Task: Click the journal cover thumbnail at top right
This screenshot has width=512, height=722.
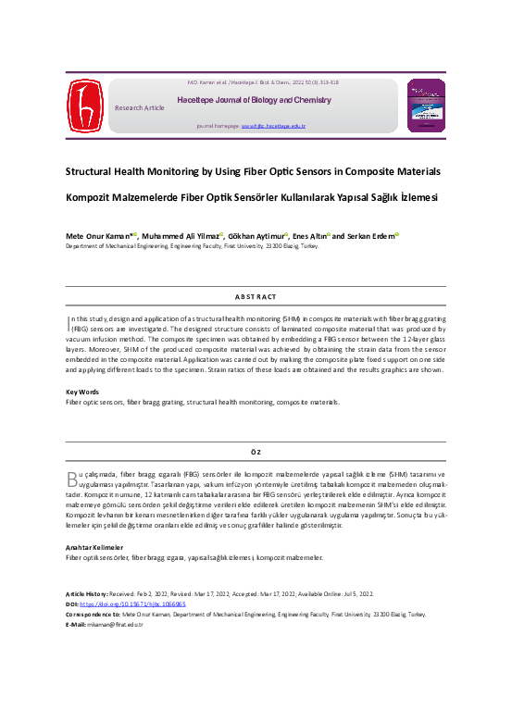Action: coord(427,105)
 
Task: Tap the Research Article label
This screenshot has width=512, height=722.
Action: coord(139,107)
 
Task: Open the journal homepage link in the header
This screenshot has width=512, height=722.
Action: coord(273,125)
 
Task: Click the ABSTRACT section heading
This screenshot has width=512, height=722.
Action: coord(256,296)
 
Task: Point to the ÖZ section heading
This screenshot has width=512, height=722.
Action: coord(256,451)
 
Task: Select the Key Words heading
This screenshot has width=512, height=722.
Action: coord(82,392)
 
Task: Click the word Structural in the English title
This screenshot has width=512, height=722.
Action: coord(90,171)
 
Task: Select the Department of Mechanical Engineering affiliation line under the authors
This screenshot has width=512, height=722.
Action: coord(191,248)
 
